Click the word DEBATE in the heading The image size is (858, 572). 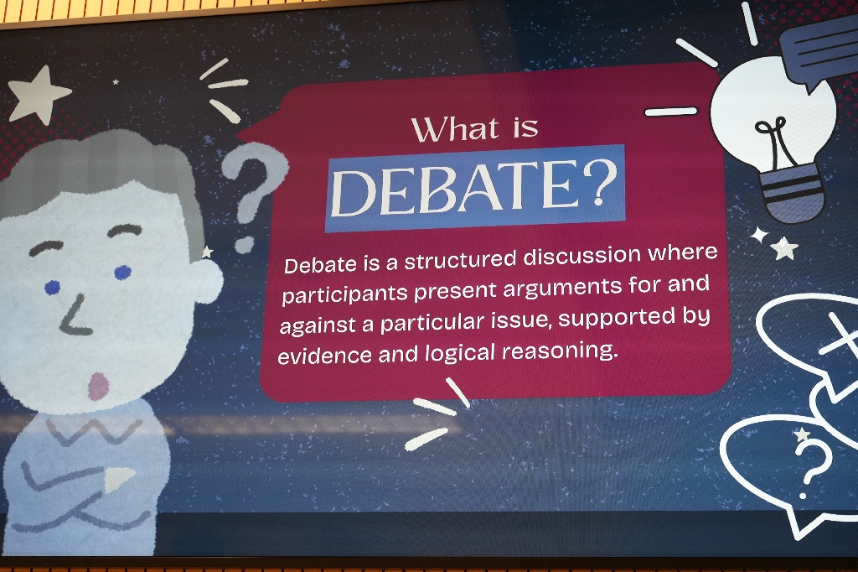point(455,188)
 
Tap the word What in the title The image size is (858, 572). point(455,129)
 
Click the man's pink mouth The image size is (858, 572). point(99,386)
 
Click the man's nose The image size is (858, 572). point(75,317)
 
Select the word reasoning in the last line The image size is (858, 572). point(560,351)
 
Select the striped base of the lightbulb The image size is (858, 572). point(793,193)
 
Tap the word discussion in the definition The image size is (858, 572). point(581,256)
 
